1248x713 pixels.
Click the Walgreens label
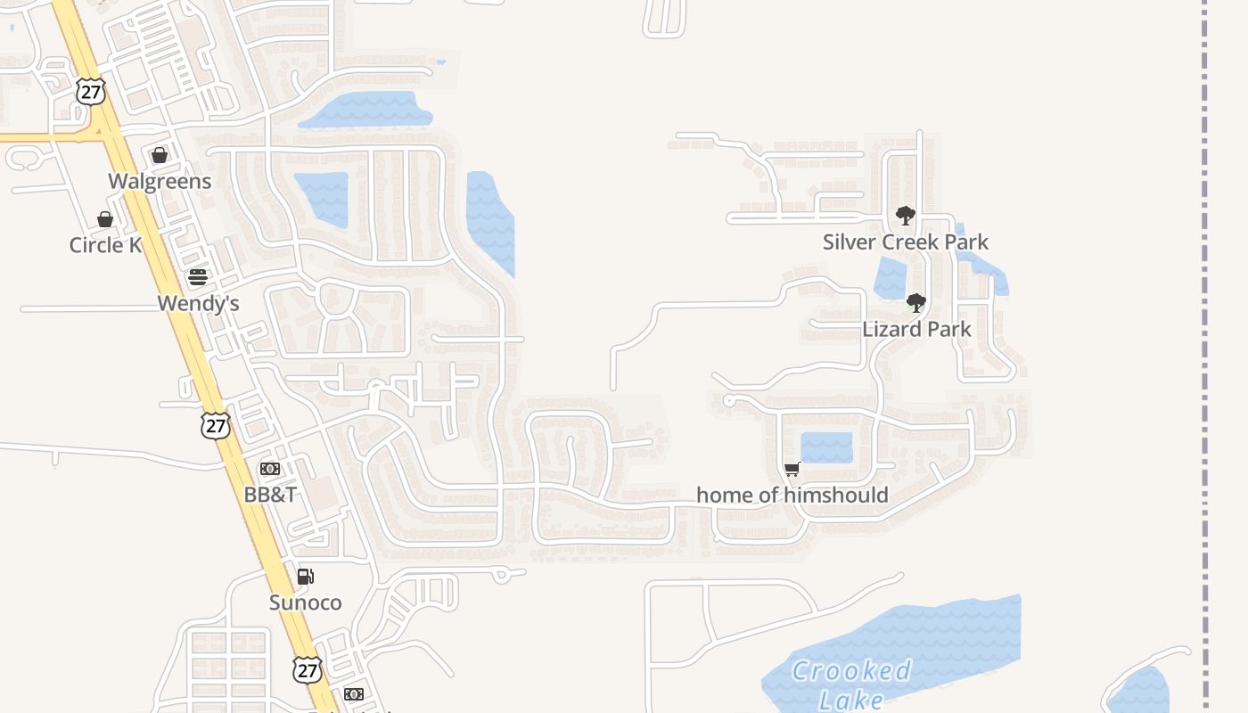160,182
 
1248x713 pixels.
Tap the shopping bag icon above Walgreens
160,156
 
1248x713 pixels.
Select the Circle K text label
105,245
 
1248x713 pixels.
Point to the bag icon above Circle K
105,219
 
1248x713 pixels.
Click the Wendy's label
198,304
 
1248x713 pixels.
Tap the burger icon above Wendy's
198,277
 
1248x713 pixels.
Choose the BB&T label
270,495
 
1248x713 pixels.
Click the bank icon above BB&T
270,469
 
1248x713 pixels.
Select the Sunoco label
305,603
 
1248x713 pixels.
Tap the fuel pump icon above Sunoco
305,577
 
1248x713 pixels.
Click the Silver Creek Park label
905,242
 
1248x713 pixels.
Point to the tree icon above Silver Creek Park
906,216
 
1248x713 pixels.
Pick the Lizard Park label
916,330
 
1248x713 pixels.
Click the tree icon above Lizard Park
915,303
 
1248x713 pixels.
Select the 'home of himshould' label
792,496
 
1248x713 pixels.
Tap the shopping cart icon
792,470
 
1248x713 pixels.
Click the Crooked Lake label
851,684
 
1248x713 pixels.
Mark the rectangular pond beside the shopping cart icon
826,447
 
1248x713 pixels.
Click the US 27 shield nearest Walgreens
91,91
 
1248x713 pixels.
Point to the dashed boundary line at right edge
1204,356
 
